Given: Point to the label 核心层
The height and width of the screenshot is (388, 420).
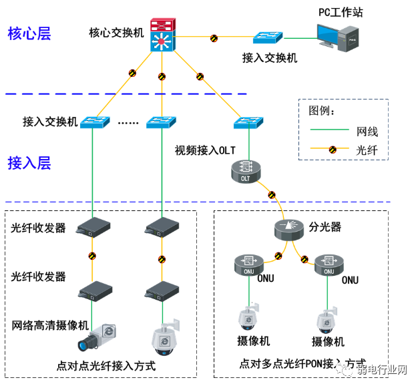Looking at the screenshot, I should [x=29, y=33].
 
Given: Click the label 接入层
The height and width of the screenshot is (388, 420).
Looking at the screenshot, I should [x=29, y=162].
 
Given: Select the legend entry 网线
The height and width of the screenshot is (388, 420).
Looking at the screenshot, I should [x=367, y=132].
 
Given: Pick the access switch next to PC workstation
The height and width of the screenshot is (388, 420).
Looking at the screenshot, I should [x=268, y=39].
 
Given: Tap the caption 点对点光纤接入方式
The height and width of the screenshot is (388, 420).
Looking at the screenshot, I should [x=106, y=366].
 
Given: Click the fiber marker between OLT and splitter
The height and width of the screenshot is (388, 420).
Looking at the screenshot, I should [x=271, y=195].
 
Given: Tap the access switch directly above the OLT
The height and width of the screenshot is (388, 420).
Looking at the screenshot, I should [x=248, y=122].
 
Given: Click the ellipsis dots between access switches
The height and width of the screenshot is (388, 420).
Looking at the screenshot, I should [x=127, y=123].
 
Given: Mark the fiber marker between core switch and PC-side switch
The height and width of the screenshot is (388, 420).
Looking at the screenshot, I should [x=214, y=38].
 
